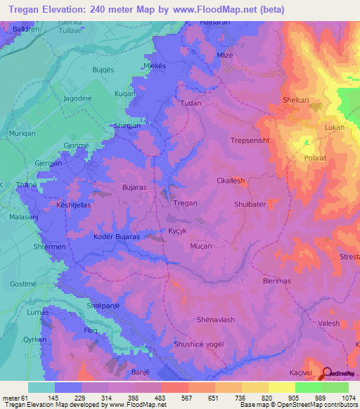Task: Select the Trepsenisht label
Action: coord(250,141)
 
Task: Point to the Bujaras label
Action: coord(134,188)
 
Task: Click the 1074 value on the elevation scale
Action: coord(348,397)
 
